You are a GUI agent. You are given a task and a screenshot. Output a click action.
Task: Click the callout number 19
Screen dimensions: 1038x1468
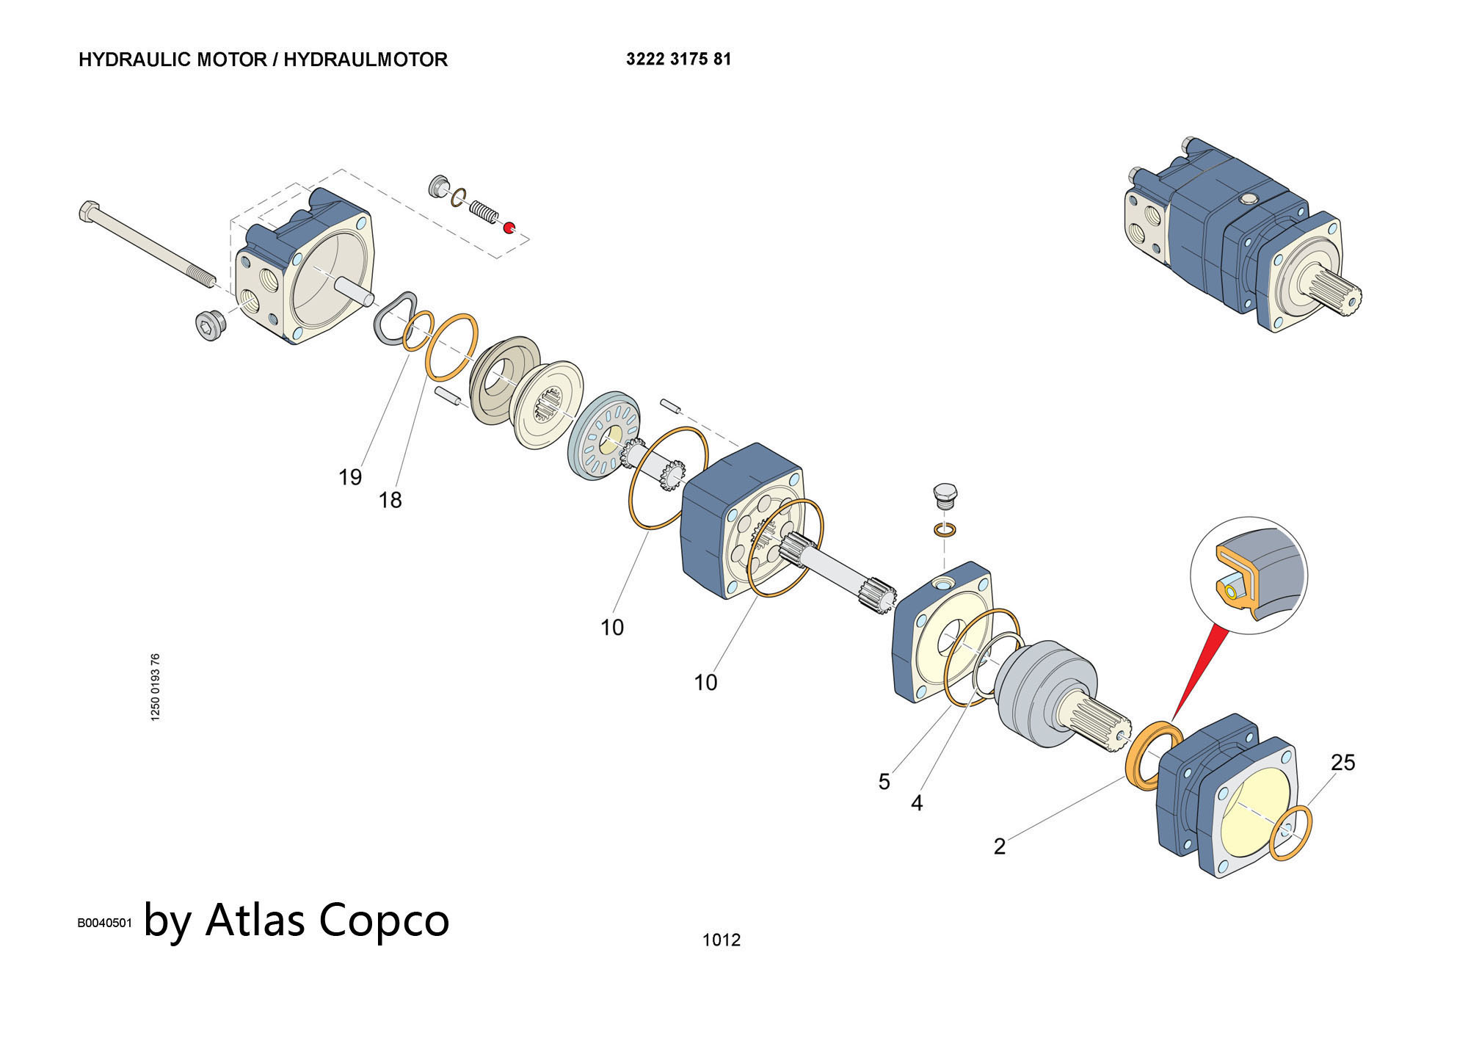coord(350,478)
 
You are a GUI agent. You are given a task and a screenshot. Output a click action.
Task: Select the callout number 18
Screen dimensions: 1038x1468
coord(390,501)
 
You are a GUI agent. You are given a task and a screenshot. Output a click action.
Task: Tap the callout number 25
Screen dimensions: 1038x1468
coord(1342,763)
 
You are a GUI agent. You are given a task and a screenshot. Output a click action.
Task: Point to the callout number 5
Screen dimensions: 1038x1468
coord(884,782)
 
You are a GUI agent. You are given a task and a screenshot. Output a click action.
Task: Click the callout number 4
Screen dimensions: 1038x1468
coord(916,804)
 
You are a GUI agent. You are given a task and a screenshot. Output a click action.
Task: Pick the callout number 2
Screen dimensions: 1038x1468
coord(999,847)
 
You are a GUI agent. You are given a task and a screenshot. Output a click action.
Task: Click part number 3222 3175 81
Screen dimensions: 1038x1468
coord(678,59)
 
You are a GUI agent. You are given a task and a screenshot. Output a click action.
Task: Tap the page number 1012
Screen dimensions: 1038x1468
coord(721,940)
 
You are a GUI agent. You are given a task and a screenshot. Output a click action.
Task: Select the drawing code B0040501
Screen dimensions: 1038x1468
coord(104,923)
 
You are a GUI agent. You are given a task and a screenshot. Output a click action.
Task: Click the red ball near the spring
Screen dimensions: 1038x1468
coord(508,227)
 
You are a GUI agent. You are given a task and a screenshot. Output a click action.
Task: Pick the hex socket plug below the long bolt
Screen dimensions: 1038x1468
coord(210,326)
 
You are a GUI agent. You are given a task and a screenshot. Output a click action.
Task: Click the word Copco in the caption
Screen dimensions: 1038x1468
coord(383,919)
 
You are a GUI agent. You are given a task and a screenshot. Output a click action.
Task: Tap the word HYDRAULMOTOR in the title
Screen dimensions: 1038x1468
coord(365,59)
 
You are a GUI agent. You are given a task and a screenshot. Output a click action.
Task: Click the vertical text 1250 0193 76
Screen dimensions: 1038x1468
coord(155,687)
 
